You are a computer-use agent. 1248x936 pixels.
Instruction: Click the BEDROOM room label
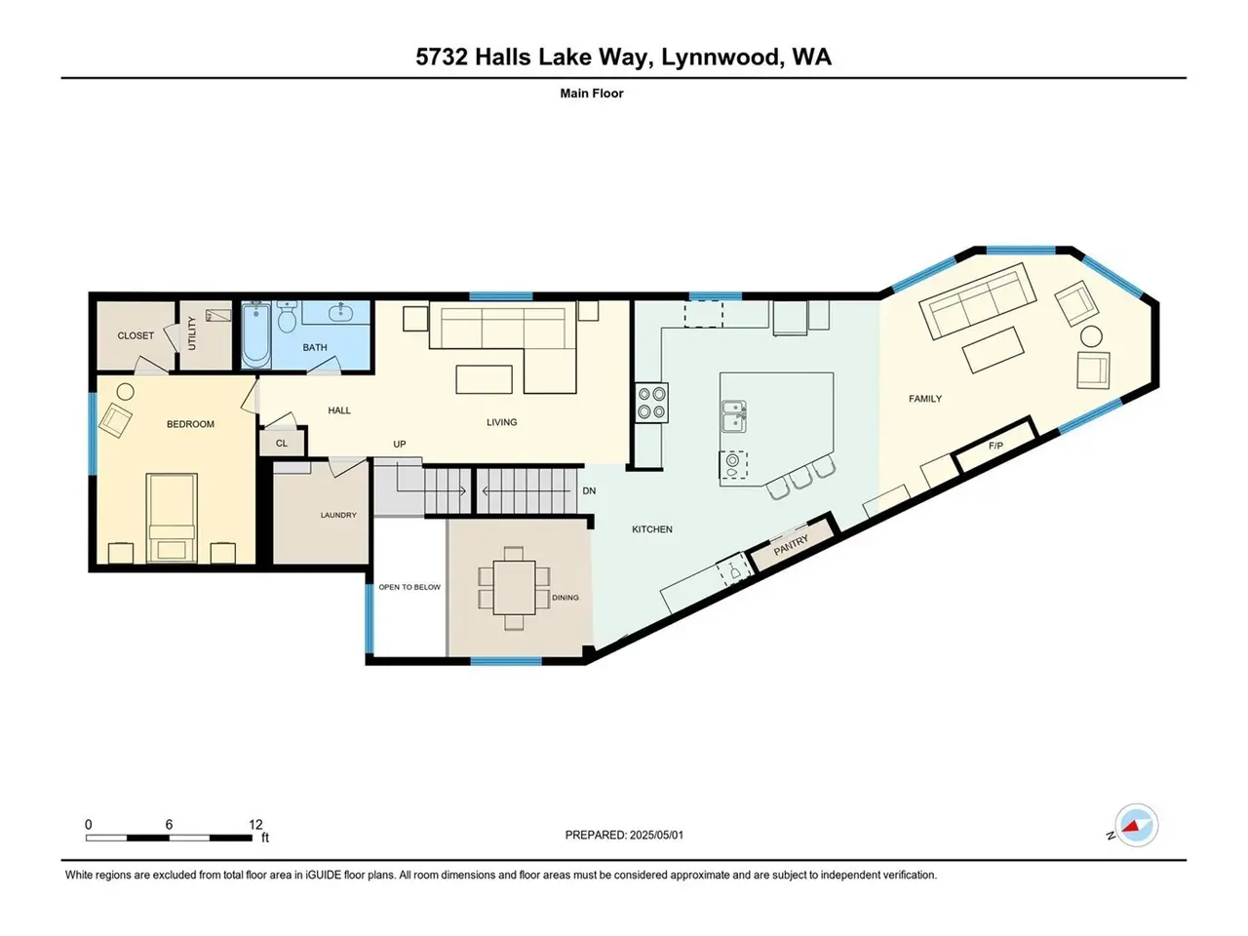tap(190, 424)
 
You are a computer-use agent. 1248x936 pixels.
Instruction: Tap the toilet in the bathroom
tap(287, 317)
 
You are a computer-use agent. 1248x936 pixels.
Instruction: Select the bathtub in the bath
tap(255, 334)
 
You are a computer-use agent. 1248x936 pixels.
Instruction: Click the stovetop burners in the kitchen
tap(651, 403)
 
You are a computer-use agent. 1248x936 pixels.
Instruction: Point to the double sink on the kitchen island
tap(734, 416)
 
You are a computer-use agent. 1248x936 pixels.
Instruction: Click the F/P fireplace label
tap(995, 447)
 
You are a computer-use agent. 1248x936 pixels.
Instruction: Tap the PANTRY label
tap(791, 545)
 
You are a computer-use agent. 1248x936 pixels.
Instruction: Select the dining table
tap(514, 588)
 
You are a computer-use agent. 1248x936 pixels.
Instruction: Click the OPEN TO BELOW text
tap(409, 587)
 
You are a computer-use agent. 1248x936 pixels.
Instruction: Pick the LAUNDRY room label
tap(338, 515)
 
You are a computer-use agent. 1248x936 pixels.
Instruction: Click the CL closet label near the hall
tap(282, 444)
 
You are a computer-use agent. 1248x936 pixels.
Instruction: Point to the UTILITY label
tap(192, 333)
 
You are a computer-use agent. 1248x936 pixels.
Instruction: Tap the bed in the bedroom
tap(172, 517)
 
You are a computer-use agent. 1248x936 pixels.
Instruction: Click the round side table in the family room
tap(1091, 336)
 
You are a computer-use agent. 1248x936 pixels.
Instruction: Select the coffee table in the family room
tap(993, 349)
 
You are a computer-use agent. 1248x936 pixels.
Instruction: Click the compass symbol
tap(1136, 825)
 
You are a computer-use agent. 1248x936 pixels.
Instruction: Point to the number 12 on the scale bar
tap(255, 824)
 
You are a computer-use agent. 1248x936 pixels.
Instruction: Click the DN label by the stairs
tap(589, 490)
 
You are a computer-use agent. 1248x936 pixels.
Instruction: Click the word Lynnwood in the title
tap(721, 57)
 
